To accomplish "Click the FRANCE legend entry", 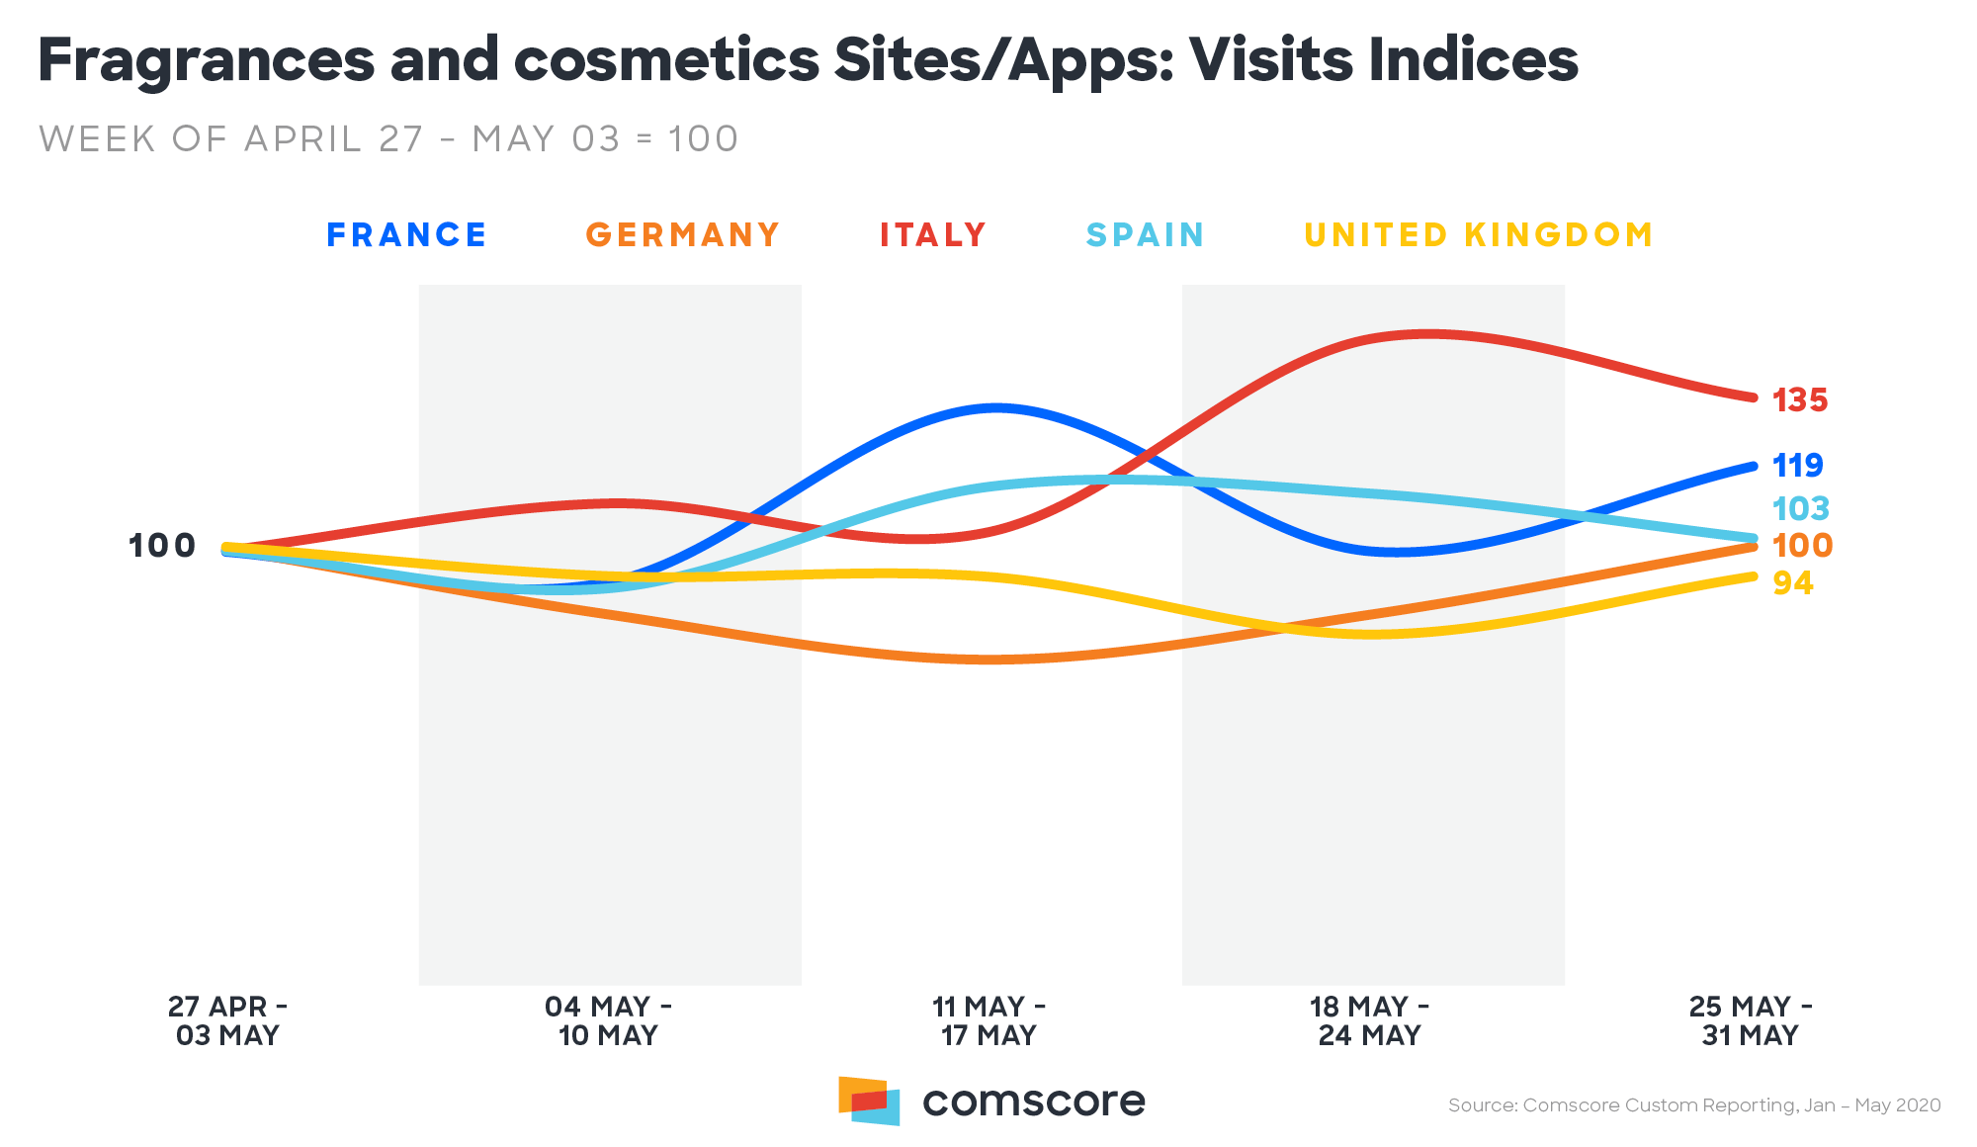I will (x=406, y=235).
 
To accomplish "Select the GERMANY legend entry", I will (x=683, y=235).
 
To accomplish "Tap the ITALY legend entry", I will (x=933, y=235).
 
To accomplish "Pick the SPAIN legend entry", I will (x=1145, y=235).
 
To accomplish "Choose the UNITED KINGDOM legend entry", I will (x=1479, y=235).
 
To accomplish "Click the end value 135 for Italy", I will (x=1800, y=400).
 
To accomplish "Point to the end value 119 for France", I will (x=1798, y=465).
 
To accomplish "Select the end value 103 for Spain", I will (x=1801, y=508).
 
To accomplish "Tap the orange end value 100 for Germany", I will (x=1802, y=545).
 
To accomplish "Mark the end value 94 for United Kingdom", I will (x=1793, y=583).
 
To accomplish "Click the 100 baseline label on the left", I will (x=162, y=545).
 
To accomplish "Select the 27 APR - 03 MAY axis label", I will (x=227, y=1020).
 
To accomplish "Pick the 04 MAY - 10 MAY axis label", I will (x=608, y=1020).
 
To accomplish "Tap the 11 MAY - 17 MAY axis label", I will (x=988, y=1020).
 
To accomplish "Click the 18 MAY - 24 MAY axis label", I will (x=1369, y=1020).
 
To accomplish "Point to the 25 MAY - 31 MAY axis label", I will (x=1750, y=1020).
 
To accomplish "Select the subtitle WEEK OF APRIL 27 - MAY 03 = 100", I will (x=388, y=139).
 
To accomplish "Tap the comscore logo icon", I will (x=869, y=1101).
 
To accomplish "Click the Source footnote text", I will (x=1694, y=1105).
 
